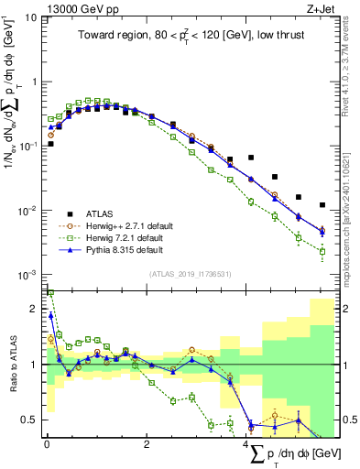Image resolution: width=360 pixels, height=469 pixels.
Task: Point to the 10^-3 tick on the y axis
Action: tap(28, 275)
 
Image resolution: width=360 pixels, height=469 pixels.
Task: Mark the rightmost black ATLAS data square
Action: tap(322, 205)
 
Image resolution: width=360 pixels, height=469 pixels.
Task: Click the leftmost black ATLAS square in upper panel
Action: tap(50, 144)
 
